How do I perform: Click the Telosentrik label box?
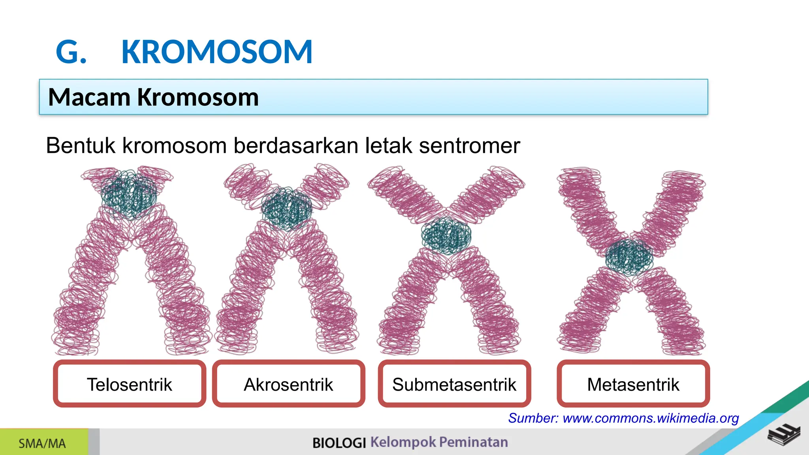(130, 384)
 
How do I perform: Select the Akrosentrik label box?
(288, 384)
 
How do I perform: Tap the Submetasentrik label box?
(454, 384)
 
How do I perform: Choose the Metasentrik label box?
(633, 384)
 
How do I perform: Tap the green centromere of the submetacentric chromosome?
(446, 235)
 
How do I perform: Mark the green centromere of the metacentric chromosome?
(629, 257)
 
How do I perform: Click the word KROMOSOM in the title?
(217, 52)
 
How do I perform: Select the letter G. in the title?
(71, 52)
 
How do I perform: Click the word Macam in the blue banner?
(89, 97)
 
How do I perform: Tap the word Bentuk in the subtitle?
(81, 145)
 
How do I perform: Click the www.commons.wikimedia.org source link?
(651, 418)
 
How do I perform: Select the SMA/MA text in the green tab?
(42, 444)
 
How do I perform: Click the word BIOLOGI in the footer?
(339, 443)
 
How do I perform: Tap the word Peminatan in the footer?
(473, 442)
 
